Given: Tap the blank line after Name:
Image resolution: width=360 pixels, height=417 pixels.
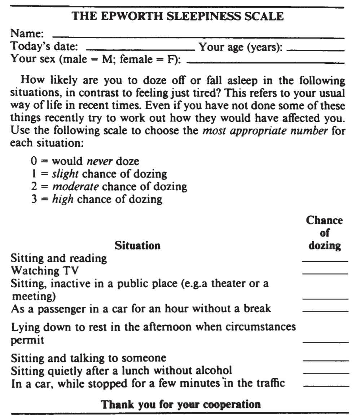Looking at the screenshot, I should click(x=198, y=37).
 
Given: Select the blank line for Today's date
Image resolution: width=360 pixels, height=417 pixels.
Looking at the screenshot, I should click(x=140, y=49).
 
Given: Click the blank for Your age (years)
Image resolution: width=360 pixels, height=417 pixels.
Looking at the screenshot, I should click(x=317, y=49).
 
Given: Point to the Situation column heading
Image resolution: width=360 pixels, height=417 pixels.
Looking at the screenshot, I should click(x=137, y=246).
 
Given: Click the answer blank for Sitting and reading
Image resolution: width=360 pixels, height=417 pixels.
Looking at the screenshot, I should click(x=325, y=260).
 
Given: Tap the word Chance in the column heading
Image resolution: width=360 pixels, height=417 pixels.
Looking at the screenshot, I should click(x=324, y=221).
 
